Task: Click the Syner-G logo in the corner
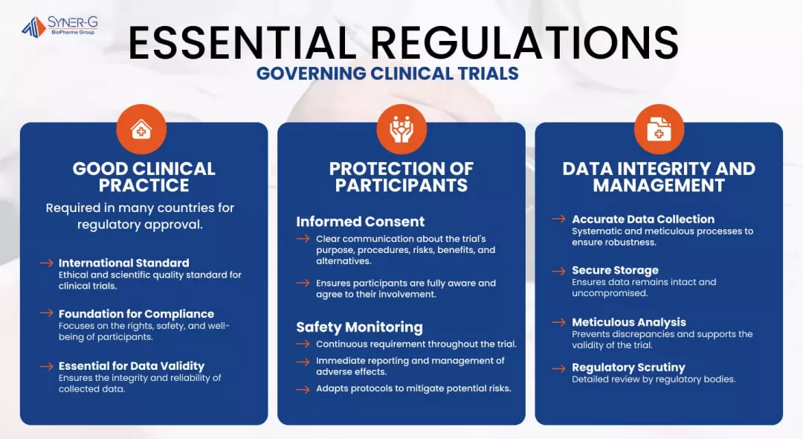click(59, 26)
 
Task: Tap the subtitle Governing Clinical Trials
click(387, 74)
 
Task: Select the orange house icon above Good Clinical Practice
click(141, 129)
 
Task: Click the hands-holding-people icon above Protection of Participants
click(401, 129)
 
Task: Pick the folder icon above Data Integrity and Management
click(659, 129)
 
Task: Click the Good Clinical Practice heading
click(144, 177)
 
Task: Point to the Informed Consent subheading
click(360, 221)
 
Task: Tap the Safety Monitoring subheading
click(360, 327)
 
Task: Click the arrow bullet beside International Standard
click(47, 263)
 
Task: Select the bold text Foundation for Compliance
click(136, 313)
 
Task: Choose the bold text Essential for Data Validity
click(132, 366)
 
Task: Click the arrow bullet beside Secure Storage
click(558, 271)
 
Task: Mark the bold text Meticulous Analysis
click(629, 322)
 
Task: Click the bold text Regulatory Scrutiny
click(628, 368)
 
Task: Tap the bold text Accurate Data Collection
click(643, 219)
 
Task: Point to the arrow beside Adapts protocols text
click(303, 389)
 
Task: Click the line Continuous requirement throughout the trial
click(416, 345)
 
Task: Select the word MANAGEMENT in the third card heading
click(659, 185)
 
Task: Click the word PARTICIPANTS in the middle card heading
click(401, 185)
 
